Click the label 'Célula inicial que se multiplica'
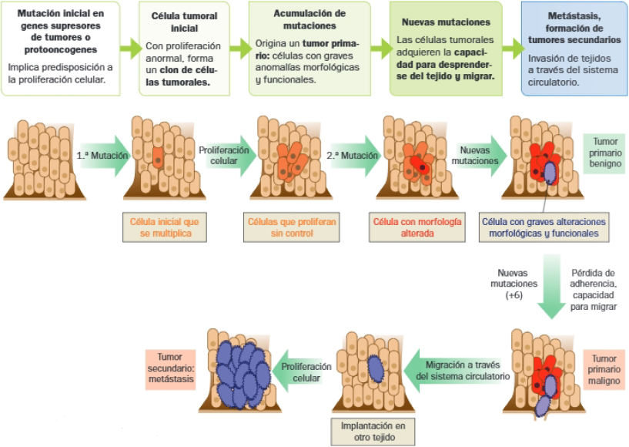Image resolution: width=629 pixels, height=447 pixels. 165,227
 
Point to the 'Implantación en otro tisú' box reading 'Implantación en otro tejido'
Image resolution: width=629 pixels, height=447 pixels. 373,432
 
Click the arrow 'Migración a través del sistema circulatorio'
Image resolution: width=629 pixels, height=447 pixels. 457,369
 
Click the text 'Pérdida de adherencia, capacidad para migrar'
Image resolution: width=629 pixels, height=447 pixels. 593,290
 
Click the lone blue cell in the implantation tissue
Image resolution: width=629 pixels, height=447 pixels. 374,368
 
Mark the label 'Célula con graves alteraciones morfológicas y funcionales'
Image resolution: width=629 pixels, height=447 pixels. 544,227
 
